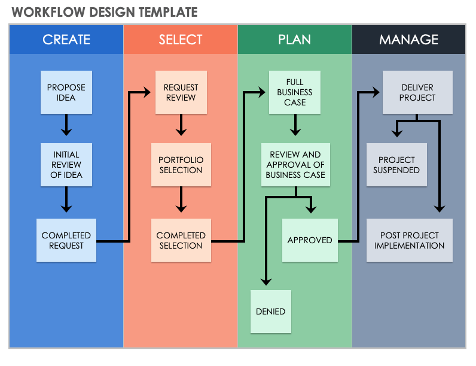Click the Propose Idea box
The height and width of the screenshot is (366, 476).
tap(66, 92)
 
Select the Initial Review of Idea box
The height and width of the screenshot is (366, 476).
tap(66, 165)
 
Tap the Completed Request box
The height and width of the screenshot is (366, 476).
tap(66, 240)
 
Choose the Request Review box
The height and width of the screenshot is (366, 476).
tap(181, 92)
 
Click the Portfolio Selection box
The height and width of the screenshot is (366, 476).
tap(181, 165)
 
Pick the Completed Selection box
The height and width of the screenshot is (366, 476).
tap(181, 240)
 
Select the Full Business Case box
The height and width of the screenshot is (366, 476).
tap(294, 92)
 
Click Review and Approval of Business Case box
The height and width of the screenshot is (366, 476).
tap(295, 165)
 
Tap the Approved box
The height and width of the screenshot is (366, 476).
tap(310, 240)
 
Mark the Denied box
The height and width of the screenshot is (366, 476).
tap(270, 311)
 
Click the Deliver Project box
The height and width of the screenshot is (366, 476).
tap(417, 92)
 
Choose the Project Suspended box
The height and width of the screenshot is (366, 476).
tap(396, 165)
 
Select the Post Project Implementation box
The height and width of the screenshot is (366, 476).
tap(410, 240)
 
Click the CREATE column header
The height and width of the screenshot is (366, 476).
tap(66, 40)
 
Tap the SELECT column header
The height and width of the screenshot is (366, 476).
tap(181, 40)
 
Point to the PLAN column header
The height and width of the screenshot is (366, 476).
tap(294, 40)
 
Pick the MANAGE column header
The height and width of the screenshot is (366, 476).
tap(408, 40)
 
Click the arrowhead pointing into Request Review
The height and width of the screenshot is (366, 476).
tap(147, 92)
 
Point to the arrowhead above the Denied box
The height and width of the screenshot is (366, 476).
tap(267, 282)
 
